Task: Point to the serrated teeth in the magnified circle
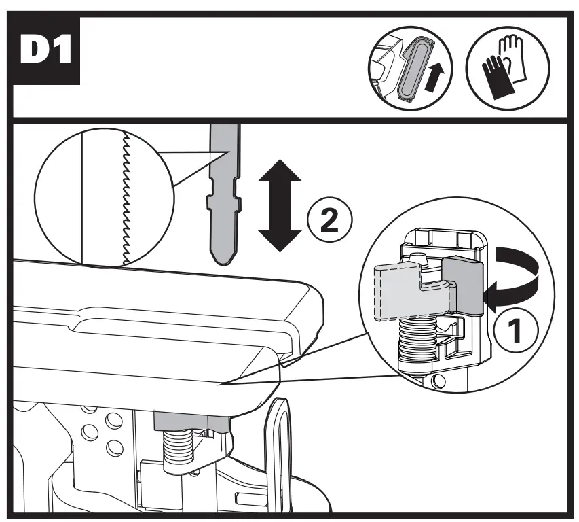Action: point(125,197)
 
